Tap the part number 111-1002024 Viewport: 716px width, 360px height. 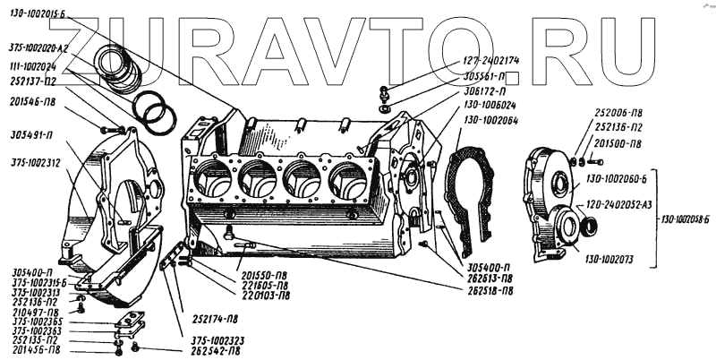(x=32, y=65)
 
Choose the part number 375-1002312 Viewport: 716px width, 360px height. (x=35, y=164)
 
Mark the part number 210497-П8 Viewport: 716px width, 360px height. (x=35, y=312)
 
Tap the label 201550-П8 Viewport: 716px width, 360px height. (x=263, y=275)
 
